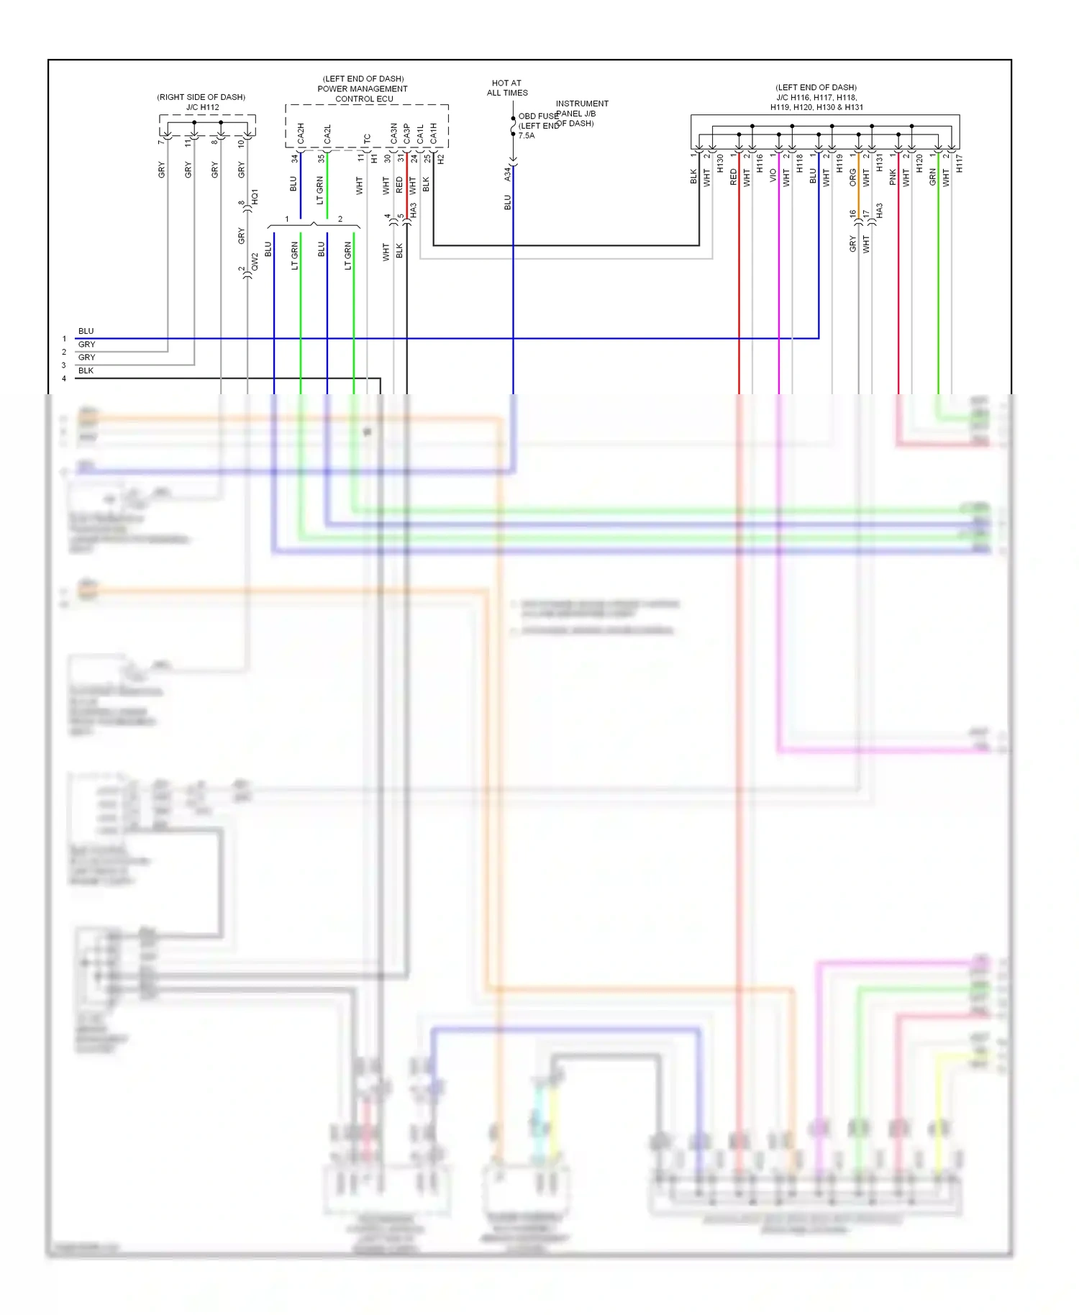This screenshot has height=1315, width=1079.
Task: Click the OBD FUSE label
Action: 538,116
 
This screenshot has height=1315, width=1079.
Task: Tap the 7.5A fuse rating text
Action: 527,135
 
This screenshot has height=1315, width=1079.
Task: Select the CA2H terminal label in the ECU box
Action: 301,133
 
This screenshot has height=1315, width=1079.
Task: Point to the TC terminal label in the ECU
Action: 367,138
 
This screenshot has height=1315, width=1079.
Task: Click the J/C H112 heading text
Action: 202,107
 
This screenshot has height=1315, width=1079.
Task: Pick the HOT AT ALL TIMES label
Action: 507,88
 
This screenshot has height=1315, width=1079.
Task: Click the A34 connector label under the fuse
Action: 507,173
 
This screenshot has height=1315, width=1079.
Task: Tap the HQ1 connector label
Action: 255,197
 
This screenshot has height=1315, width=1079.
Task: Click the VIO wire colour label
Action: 773,175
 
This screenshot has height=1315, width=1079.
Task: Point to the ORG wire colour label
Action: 853,177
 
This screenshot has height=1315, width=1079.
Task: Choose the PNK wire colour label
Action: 893,177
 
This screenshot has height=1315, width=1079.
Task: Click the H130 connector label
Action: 720,164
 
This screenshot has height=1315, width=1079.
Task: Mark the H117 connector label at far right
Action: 960,164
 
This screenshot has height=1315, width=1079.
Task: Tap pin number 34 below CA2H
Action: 294,158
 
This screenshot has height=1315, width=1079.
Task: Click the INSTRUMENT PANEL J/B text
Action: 581,109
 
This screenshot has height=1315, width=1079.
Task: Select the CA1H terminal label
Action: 433,133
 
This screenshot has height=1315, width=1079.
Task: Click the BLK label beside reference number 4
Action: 86,370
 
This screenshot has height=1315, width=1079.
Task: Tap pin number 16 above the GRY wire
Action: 853,214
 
